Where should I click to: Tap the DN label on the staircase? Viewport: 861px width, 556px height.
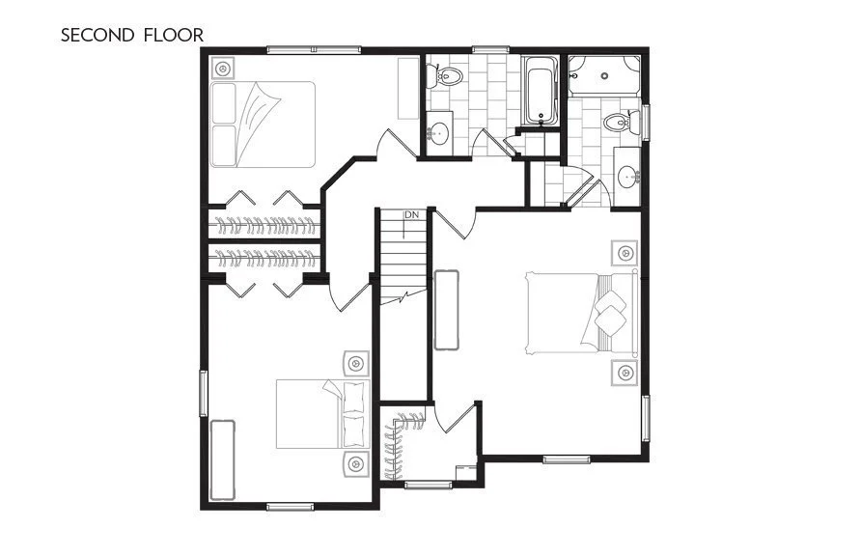[412, 214]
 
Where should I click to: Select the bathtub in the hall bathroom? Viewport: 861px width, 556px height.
[541, 92]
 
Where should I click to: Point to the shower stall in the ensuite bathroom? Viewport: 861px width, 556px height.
[604, 75]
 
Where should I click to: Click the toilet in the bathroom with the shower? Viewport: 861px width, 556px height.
[617, 123]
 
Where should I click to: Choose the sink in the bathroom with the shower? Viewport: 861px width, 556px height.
[628, 177]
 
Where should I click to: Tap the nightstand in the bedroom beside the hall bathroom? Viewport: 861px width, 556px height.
[224, 69]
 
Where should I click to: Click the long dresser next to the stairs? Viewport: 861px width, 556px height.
[446, 310]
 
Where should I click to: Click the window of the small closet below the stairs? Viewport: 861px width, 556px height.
[429, 485]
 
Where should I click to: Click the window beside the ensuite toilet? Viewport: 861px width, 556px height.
[647, 122]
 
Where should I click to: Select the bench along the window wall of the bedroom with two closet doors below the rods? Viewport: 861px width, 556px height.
[223, 459]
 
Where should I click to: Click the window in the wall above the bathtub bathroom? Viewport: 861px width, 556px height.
[486, 49]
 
